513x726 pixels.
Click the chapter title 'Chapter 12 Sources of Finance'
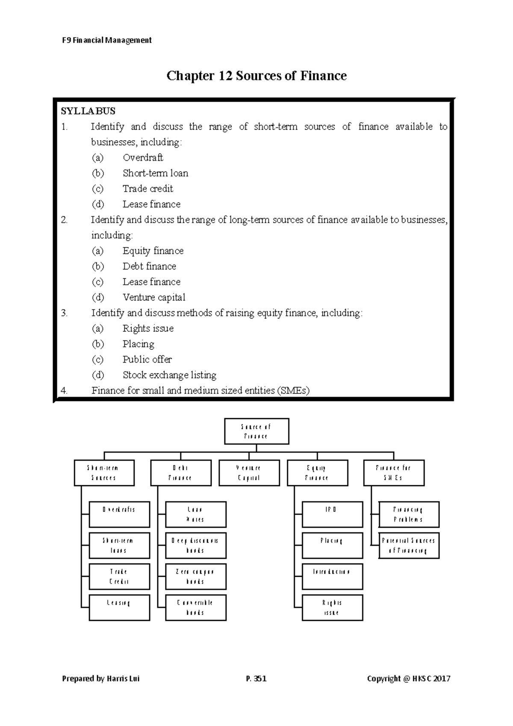[x=256, y=76]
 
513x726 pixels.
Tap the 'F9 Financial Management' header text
[x=107, y=40]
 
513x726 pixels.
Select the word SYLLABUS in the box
[x=88, y=111]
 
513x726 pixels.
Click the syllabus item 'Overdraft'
[x=143, y=158]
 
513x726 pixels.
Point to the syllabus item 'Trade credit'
[x=148, y=189]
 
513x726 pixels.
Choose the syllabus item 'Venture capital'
[x=154, y=297]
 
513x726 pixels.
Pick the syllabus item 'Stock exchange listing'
[x=169, y=375]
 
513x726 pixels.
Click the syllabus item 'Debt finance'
[x=149, y=266]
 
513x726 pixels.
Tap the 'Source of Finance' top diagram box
[x=256, y=431]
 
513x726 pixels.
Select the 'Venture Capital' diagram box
[x=249, y=473]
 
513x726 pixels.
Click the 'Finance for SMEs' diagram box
[x=394, y=473]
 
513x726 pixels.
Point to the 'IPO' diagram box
[x=332, y=514]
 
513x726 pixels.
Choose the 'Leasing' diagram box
[x=119, y=608]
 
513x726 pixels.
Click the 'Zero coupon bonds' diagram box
[x=195, y=576]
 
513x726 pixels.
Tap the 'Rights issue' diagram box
[x=332, y=608]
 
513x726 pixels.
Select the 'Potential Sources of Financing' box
[x=409, y=546]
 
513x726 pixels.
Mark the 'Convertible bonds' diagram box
[x=195, y=608]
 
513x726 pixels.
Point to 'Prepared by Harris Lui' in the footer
[x=101, y=679]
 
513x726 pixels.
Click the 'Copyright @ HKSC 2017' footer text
[x=409, y=679]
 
